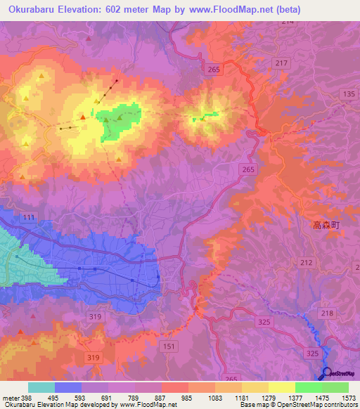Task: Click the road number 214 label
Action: (x=286, y=22)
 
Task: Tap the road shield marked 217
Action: (x=282, y=64)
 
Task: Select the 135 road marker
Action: (x=348, y=93)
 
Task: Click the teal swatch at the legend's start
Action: (x=41, y=387)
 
